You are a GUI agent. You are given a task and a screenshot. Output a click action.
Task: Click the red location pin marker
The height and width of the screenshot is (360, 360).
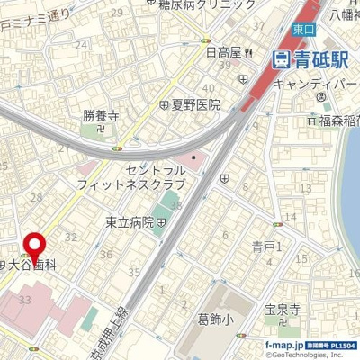tap(35, 246)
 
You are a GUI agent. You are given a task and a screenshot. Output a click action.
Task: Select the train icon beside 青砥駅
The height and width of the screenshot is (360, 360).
tap(281, 60)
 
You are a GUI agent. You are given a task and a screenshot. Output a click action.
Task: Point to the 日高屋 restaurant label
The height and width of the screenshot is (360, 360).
tap(225, 53)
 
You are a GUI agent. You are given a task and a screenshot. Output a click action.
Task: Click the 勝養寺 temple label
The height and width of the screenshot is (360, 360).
tap(101, 115)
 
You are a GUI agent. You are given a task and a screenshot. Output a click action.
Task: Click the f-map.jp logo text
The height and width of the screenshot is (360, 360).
tap(285, 346)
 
